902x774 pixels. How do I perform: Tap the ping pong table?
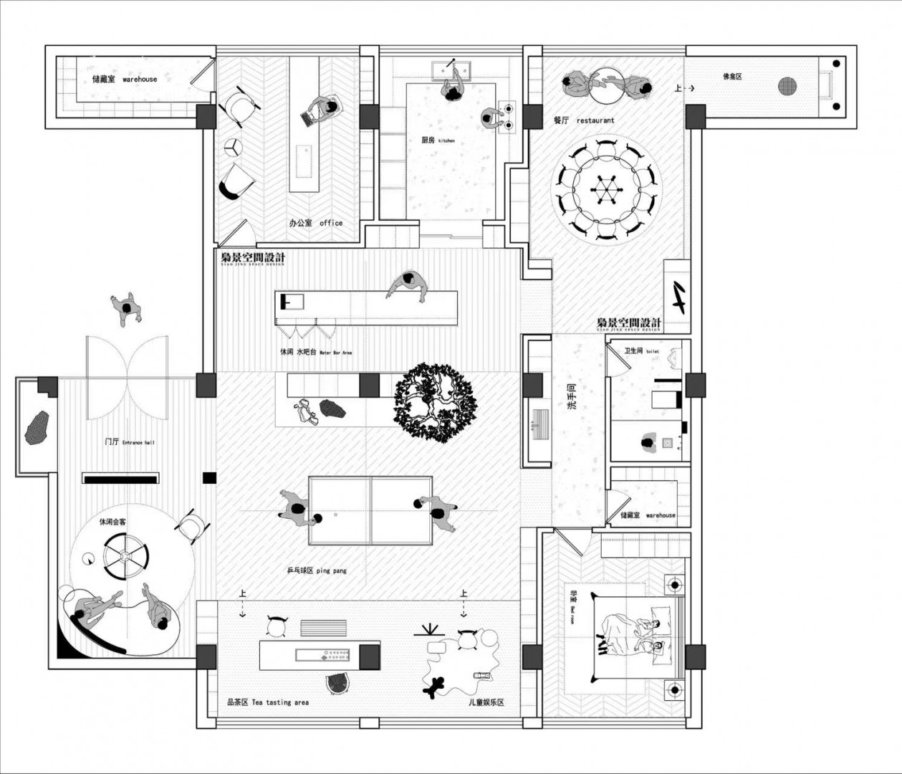tap(370, 510)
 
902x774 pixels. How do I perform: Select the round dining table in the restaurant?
tap(606, 190)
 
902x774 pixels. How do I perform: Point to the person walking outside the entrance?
tap(127, 309)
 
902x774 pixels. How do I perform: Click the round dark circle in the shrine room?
tap(789, 86)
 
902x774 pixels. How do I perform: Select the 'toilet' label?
tap(641, 351)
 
